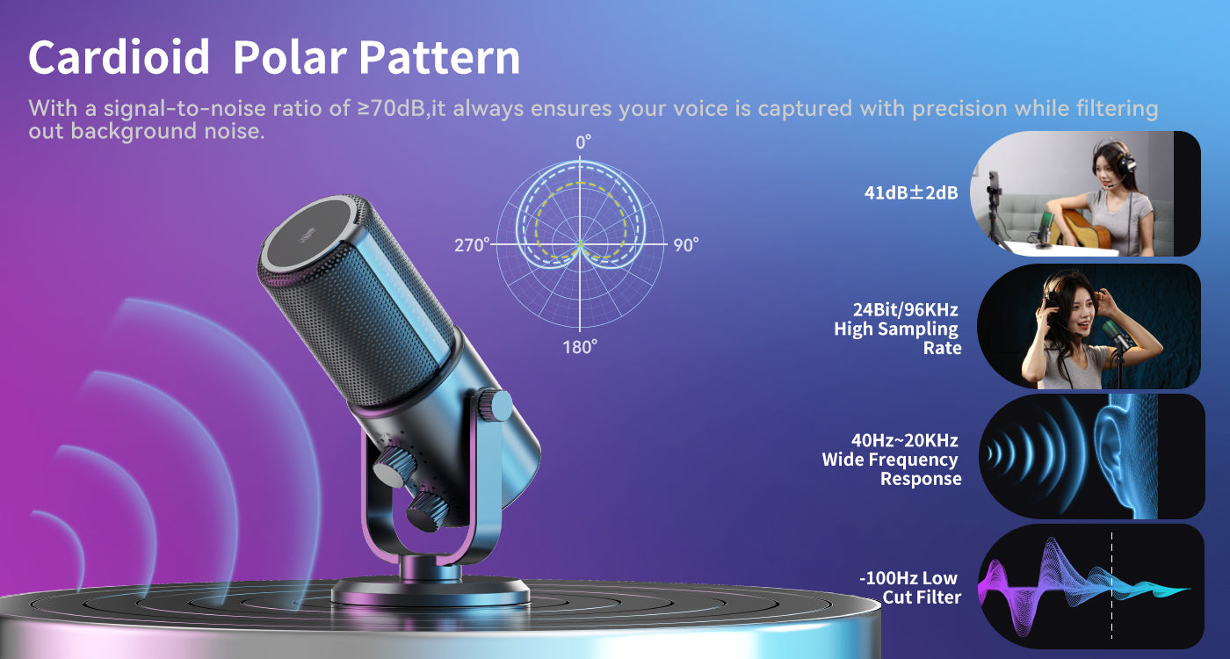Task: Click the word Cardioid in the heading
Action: (x=119, y=57)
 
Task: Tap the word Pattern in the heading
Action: (x=439, y=57)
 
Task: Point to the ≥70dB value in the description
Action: (x=392, y=108)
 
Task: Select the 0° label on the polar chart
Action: (x=583, y=142)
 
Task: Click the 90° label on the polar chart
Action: (x=686, y=245)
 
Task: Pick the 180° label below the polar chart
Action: (x=580, y=347)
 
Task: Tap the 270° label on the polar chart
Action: (x=472, y=245)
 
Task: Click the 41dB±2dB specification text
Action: (x=911, y=192)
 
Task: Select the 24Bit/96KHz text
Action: (x=906, y=309)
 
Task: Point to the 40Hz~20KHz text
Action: (x=904, y=440)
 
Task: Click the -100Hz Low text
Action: (x=908, y=578)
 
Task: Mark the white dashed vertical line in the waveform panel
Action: (x=1112, y=585)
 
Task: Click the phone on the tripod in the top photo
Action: (x=994, y=185)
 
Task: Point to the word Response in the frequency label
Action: (x=921, y=479)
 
